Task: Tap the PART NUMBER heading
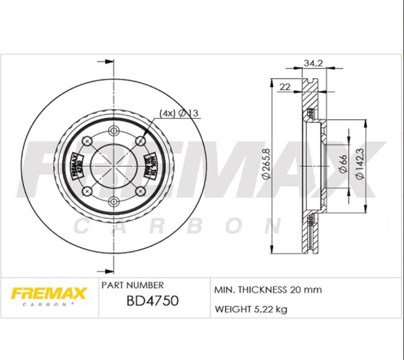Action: click(x=132, y=284)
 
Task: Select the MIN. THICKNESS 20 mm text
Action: click(x=267, y=290)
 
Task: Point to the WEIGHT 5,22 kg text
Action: click(x=250, y=310)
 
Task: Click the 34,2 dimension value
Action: click(x=312, y=63)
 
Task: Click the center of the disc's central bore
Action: click(x=114, y=167)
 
